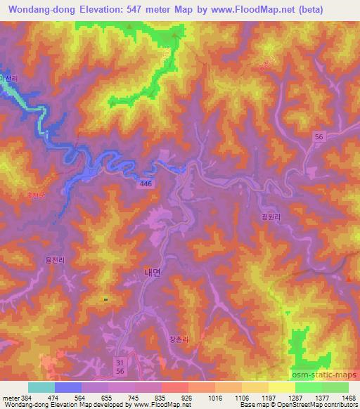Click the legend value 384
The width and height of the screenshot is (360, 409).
pos(25,397)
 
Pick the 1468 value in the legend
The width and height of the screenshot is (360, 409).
pos(341,397)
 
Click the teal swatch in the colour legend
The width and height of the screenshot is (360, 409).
pos(41,387)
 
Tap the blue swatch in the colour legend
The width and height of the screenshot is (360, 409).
pos(68,387)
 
